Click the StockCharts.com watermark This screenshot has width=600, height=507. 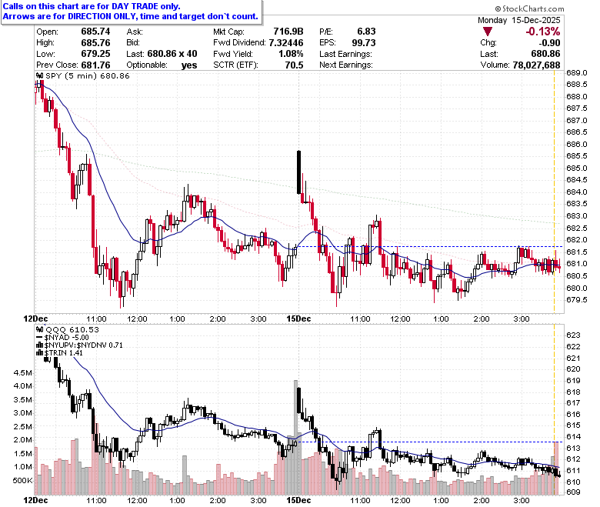[x=529, y=8]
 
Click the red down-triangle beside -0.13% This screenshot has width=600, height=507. [x=488, y=32]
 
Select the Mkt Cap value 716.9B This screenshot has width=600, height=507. [x=288, y=32]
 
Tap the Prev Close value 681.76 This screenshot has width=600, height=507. [x=95, y=65]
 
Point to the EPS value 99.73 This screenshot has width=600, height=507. [x=364, y=43]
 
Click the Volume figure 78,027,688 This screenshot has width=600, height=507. [x=536, y=65]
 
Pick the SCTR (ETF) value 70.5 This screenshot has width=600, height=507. [x=294, y=65]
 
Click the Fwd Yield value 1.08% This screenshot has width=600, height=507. [x=291, y=54]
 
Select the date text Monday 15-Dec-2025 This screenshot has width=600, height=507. [x=519, y=20]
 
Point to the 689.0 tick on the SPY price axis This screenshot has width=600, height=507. [x=577, y=72]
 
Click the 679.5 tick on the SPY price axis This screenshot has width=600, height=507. [x=577, y=299]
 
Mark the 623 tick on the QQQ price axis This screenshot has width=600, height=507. [x=573, y=335]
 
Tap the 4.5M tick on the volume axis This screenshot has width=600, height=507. [x=22, y=372]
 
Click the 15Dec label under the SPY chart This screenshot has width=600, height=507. [x=298, y=319]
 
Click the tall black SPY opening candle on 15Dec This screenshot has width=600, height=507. [x=299, y=172]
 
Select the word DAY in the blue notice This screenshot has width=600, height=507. [x=122, y=6]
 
